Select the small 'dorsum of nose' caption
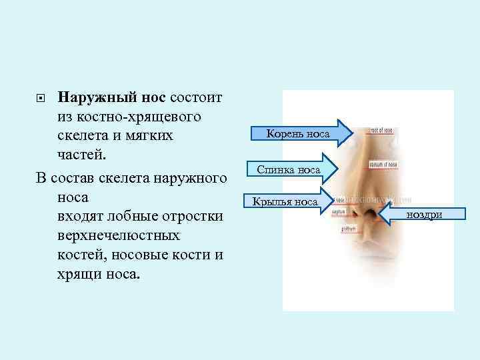click(385, 164)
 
